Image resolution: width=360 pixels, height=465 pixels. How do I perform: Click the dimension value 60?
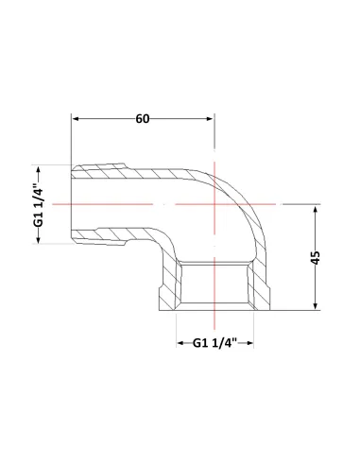143,119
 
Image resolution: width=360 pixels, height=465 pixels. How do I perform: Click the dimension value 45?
316,257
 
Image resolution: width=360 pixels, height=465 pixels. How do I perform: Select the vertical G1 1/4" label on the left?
39,204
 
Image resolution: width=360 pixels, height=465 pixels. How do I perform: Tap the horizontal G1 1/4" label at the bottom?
214,343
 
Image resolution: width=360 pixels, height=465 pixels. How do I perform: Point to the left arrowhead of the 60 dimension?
76,119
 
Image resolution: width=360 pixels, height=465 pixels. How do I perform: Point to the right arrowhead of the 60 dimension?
210,119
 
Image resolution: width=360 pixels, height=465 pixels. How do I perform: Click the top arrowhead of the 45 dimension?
316,209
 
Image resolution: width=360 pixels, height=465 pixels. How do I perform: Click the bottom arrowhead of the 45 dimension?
316,306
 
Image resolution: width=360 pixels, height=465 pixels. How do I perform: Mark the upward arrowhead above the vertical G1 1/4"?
39,170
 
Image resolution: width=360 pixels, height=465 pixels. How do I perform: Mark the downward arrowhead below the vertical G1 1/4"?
39,239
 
